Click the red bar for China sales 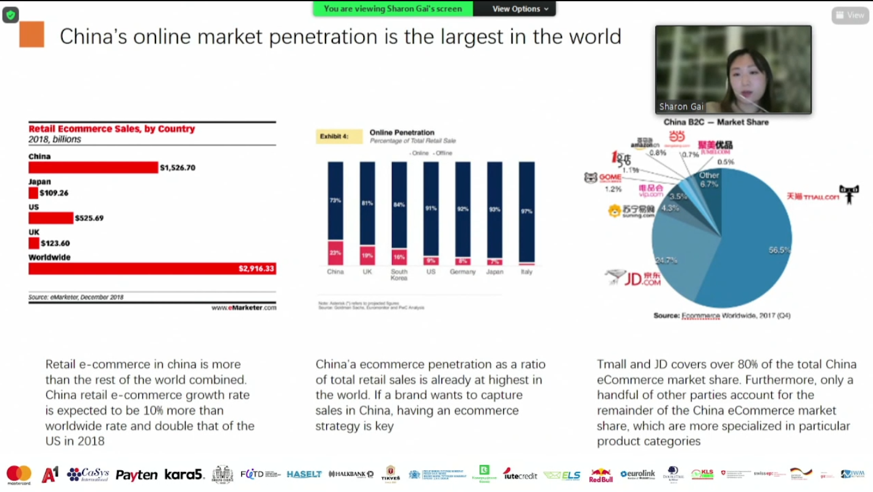(93, 168)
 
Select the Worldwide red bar (152, 269)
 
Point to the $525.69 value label (89, 218)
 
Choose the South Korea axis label (399, 275)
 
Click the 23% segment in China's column (335, 252)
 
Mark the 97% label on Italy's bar (527, 211)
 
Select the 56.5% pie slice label (779, 250)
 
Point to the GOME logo (603, 178)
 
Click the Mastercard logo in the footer (19, 474)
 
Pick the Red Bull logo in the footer (600, 475)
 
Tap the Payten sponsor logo (136, 475)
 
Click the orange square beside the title (32, 35)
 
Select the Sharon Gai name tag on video (681, 107)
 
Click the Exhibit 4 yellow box (339, 136)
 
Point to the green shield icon (10, 15)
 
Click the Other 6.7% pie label (709, 179)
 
